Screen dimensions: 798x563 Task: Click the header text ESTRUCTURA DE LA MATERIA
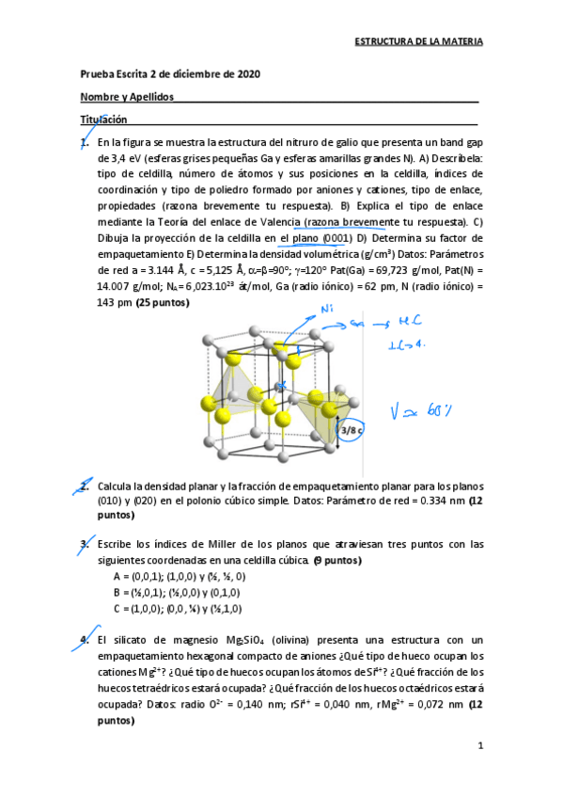(x=418, y=42)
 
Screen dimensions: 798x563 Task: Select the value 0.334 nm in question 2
(x=439, y=503)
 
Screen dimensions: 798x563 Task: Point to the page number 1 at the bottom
(x=479, y=746)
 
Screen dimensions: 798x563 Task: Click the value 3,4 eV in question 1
(x=116, y=159)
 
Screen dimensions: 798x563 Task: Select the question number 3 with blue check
(x=84, y=544)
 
